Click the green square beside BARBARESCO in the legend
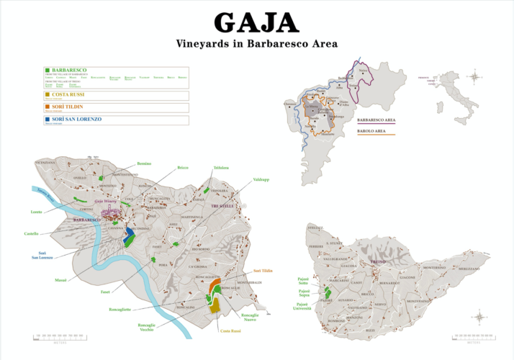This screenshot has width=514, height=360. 48,71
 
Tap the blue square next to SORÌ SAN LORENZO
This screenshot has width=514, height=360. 48,118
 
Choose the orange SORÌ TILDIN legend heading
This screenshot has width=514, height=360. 68,106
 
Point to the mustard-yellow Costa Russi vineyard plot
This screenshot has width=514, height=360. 215,305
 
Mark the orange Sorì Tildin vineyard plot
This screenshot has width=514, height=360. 213,288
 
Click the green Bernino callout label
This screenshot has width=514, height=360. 144,164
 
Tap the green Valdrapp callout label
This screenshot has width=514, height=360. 261,179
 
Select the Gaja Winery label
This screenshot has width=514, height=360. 105,203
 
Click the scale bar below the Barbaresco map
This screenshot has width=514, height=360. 63,336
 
